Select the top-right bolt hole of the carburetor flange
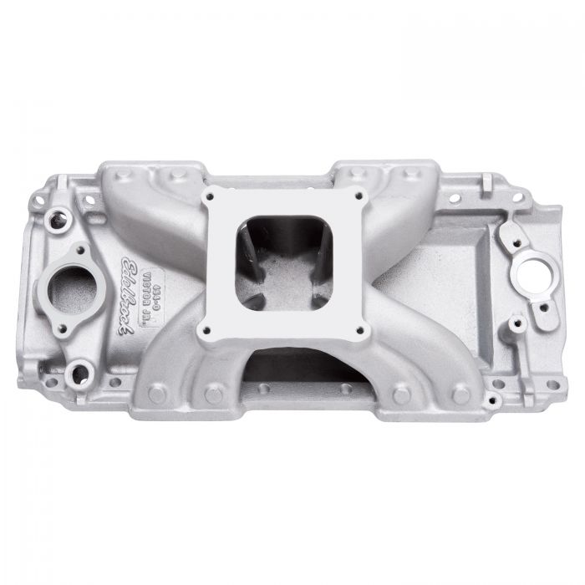[360, 196]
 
